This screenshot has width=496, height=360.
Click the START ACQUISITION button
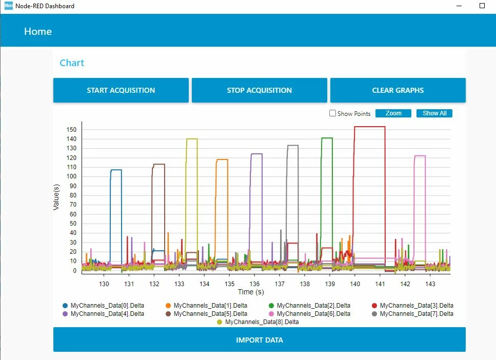pos(121,90)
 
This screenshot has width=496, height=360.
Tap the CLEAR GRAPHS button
pos(398,90)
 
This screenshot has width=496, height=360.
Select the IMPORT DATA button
pos(260,340)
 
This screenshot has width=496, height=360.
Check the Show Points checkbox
pos(332,113)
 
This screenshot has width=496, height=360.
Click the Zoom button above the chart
pos(393,113)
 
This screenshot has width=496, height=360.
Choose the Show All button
pos(434,113)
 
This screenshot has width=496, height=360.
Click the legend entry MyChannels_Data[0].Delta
pos(104,306)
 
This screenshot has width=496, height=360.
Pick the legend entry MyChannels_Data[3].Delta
pos(413,306)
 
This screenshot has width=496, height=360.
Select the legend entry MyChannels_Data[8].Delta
pos(258,322)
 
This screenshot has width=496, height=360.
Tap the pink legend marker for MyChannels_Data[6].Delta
pos(271,314)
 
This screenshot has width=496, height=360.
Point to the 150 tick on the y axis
pos(71,129)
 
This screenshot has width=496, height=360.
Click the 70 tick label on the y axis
pos(73,204)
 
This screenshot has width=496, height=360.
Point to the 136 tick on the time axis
pos(254,284)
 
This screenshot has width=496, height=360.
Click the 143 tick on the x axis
pos(430,284)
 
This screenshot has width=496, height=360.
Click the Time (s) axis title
pos(251,292)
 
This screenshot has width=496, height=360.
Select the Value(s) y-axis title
pos(56,197)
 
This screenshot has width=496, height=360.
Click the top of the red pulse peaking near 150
pos(369,127)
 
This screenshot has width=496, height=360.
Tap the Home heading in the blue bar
pos(38,31)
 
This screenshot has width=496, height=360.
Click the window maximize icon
pos(482,6)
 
